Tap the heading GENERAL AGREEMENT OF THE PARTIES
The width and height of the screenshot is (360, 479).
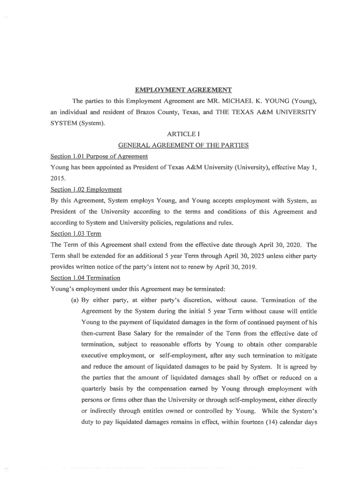coord(183,145)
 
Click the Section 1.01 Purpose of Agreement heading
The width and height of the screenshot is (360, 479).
coord(99,156)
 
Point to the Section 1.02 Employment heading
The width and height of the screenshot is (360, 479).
coord(86,189)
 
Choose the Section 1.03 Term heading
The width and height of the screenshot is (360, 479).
coord(76,233)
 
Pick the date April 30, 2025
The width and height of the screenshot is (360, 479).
coord(229,256)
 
